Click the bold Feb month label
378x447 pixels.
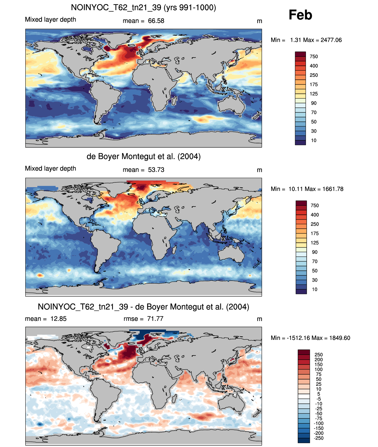(300, 15)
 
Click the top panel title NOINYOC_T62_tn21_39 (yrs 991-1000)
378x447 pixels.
(143, 8)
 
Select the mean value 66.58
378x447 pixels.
(156, 21)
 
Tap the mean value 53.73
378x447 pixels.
(156, 170)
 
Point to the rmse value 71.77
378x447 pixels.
(155, 318)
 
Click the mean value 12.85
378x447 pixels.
(58, 318)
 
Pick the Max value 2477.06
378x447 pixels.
(331, 40)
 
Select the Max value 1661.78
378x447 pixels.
(333, 189)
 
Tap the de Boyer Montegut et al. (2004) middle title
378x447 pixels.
(144, 156)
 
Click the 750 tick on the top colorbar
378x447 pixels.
(314, 57)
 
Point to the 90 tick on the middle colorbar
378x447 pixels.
(314, 252)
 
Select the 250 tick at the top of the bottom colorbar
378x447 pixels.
(318, 355)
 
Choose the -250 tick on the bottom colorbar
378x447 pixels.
(318, 438)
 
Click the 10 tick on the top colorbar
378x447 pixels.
(314, 141)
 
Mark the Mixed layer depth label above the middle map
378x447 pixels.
(50, 169)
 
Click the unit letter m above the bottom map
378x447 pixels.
(259, 319)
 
